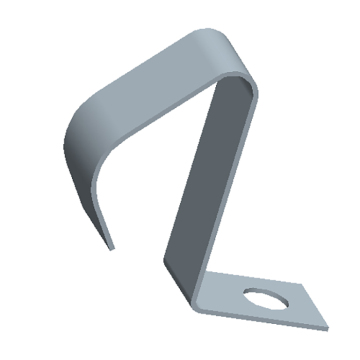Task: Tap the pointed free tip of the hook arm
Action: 112,245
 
